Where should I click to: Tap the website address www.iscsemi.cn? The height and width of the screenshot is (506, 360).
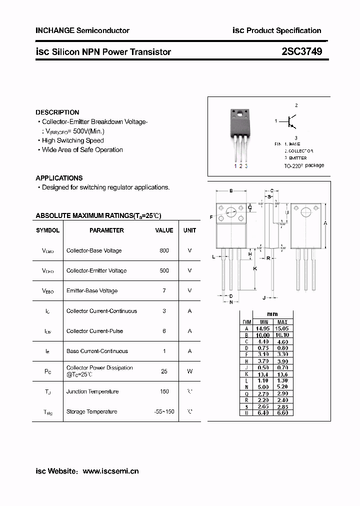(110, 471)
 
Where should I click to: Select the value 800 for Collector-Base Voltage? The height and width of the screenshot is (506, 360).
(164, 250)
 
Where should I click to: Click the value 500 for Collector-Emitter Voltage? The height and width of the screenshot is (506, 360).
(164, 270)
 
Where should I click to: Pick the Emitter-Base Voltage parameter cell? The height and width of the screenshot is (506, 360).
(92, 290)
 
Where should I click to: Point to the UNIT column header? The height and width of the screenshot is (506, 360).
(189, 230)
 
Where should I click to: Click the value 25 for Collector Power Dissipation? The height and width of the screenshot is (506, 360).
(164, 371)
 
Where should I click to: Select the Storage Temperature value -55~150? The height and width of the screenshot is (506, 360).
(164, 411)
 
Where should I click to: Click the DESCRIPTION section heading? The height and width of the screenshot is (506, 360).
(57, 112)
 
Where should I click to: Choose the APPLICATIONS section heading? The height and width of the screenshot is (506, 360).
(59, 178)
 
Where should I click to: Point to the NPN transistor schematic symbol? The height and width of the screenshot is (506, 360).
(291, 121)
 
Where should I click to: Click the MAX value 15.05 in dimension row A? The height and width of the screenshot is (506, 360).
(282, 328)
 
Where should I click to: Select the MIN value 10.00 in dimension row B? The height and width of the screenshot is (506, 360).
(262, 335)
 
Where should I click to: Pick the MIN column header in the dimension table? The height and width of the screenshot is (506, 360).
(262, 321)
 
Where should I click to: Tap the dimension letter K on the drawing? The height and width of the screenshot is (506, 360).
(255, 268)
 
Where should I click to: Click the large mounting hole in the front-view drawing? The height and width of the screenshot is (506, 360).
(231, 211)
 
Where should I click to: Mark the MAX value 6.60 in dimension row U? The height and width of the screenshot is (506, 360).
(282, 413)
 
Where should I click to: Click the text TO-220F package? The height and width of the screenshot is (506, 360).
(304, 165)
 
